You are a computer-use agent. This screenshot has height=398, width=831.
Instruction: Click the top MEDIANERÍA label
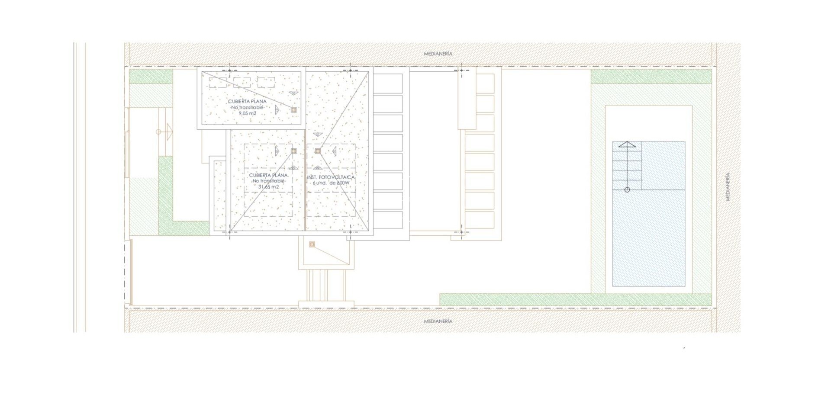point(438,54)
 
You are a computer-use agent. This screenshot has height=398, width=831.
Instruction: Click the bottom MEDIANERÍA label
point(438,321)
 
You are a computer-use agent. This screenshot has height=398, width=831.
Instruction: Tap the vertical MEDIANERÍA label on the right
point(728,186)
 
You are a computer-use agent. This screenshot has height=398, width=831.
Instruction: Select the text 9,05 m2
point(248,113)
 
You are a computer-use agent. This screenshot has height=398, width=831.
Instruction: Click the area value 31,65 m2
point(268,187)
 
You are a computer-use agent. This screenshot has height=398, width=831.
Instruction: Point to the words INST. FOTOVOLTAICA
point(331,177)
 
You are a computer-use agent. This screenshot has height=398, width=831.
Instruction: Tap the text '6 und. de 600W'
point(331,183)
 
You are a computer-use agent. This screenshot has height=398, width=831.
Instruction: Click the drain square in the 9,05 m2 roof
point(293,110)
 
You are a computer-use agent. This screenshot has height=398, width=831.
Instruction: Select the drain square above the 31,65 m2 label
point(293,151)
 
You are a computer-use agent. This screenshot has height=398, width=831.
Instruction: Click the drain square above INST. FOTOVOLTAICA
point(318,151)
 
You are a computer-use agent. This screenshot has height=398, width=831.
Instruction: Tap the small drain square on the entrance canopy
point(312,244)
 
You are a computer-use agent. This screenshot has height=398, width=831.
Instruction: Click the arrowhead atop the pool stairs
point(627,144)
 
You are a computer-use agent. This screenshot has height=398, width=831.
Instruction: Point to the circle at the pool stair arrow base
point(627,189)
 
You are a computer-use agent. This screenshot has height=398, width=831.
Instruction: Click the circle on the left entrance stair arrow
point(158,132)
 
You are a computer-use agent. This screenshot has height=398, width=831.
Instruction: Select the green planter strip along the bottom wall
point(576,299)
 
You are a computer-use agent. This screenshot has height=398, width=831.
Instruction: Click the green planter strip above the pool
point(651,76)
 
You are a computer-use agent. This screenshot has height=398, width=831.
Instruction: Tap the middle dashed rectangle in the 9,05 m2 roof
point(242,82)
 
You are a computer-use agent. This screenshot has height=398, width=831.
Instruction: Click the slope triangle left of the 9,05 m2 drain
point(277,110)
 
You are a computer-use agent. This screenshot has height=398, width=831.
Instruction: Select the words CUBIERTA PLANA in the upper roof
point(248,101)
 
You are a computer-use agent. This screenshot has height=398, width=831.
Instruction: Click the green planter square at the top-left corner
point(151,76)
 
